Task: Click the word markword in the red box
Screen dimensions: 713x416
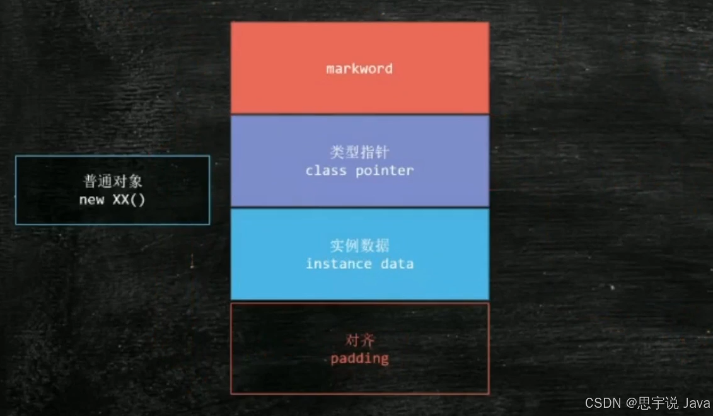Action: click(x=359, y=69)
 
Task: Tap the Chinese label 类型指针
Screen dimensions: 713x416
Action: click(x=359, y=153)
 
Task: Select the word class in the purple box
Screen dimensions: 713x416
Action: click(x=326, y=171)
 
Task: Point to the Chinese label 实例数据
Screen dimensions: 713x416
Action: click(x=359, y=246)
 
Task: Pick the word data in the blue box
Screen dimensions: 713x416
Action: click(x=397, y=263)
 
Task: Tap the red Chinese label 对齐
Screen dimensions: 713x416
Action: click(x=360, y=341)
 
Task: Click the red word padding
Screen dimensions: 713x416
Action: click(x=359, y=359)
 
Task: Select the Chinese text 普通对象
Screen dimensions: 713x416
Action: click(x=113, y=182)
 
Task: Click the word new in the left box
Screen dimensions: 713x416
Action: click(x=91, y=200)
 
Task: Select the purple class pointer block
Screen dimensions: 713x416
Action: click(x=359, y=189)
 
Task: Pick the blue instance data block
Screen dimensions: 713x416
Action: click(x=359, y=284)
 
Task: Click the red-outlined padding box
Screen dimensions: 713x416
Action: click(x=359, y=378)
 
